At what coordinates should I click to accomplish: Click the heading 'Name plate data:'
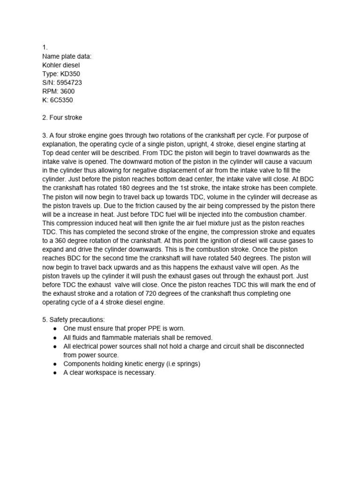[x=67, y=57]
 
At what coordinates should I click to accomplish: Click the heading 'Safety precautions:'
[x=74, y=320]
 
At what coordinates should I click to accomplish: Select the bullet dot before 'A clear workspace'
[x=55, y=373]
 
